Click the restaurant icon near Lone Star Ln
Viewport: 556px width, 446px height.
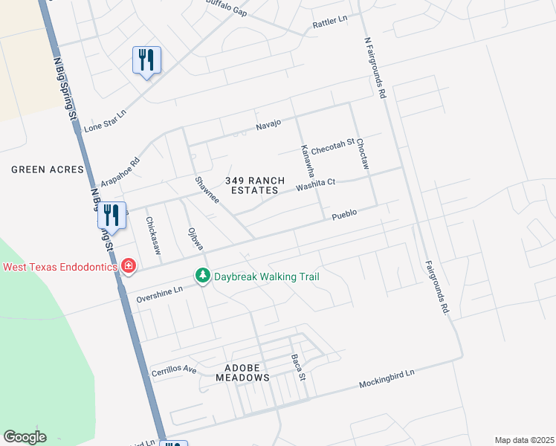[x=146, y=59]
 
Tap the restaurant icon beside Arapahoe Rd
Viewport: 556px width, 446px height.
[x=111, y=216]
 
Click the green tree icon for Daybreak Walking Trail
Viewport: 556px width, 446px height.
[x=202, y=277]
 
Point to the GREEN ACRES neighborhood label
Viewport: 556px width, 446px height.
[x=48, y=169]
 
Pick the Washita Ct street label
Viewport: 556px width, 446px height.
[x=316, y=184]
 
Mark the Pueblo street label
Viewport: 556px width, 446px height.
[x=344, y=213]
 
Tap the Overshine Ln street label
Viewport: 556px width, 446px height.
[x=159, y=294]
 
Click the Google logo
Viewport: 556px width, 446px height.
[x=25, y=437]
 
